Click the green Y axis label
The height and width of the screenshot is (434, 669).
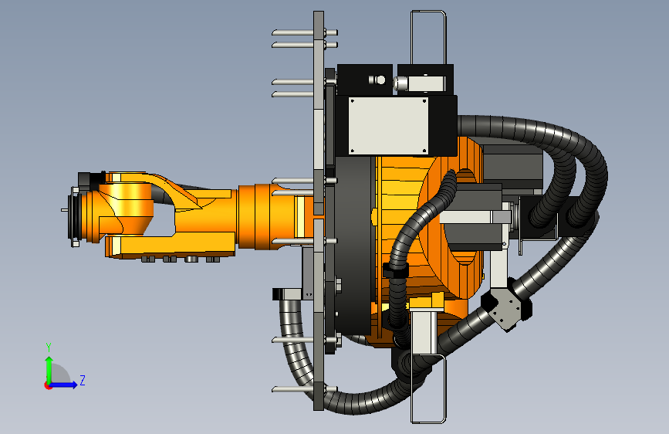point(49,347)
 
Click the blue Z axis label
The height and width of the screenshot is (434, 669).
point(83,380)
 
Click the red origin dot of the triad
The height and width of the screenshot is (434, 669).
point(48,385)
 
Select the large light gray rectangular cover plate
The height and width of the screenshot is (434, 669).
point(388,126)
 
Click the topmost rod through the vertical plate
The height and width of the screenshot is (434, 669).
point(305,32)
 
